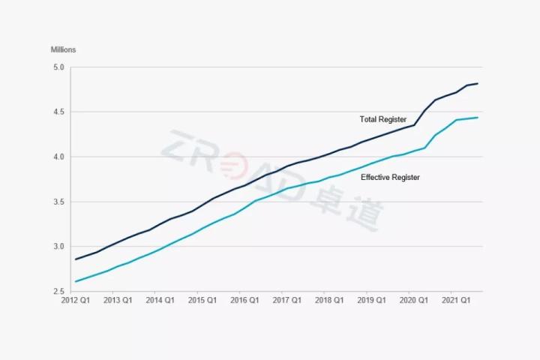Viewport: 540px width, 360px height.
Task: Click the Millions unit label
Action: (63, 50)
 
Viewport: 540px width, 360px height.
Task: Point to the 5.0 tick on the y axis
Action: (57, 67)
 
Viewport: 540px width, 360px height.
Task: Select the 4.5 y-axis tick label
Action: (57, 112)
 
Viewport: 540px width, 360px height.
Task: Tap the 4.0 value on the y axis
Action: (57, 157)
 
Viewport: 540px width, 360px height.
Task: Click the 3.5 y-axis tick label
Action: (57, 202)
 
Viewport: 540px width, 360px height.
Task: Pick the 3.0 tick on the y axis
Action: (57, 247)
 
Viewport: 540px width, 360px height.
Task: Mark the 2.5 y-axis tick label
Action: (57, 292)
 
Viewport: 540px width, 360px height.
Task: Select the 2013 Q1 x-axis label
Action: (117, 300)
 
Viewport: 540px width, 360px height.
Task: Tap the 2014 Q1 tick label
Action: (159, 300)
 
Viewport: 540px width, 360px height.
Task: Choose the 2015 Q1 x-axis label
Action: (202, 300)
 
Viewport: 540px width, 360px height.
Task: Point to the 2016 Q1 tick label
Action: (244, 300)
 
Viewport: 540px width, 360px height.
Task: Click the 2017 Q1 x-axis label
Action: (286, 300)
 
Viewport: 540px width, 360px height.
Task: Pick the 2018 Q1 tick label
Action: (328, 300)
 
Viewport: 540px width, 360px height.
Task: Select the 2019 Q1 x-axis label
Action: (370, 300)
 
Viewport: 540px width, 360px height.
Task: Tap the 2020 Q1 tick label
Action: (413, 300)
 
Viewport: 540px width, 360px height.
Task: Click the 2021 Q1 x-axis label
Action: (455, 300)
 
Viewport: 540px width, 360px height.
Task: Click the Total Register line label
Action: (382, 120)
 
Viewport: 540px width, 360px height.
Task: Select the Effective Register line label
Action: (390, 178)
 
